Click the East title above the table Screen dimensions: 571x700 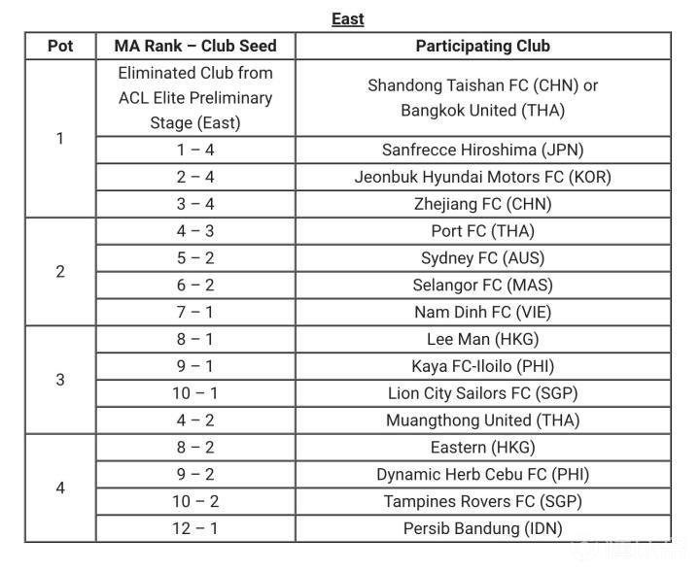click(347, 18)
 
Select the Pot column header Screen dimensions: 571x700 click(60, 46)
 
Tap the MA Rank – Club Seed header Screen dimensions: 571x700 click(195, 46)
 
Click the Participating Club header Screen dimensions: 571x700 click(482, 46)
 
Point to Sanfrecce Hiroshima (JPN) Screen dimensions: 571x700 click(482, 150)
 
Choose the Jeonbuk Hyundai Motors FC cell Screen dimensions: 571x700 click(482, 177)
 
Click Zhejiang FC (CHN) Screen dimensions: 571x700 click(482, 204)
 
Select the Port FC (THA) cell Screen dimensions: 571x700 click(482, 231)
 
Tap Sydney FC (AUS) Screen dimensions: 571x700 click(482, 258)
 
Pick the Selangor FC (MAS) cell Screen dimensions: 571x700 click(482, 285)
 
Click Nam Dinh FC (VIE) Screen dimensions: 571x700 click(482, 313)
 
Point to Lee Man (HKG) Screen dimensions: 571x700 click(482, 340)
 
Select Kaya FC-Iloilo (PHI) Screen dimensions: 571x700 click(482, 366)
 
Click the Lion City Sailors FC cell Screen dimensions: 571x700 click(482, 393)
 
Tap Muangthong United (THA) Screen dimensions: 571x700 click(482, 420)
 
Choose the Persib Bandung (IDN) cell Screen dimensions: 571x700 click(482, 529)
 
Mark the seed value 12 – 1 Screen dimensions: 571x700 click(195, 529)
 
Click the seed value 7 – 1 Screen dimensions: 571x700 click(195, 313)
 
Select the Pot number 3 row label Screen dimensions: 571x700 click(60, 380)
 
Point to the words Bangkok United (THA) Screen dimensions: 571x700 click(482, 111)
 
